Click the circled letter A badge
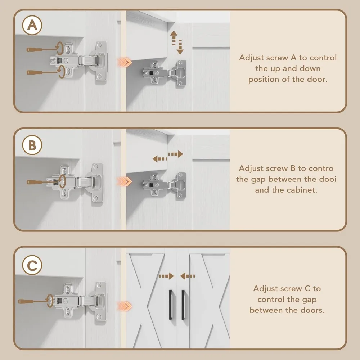[32, 25]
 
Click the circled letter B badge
[32, 145]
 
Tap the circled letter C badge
[32, 265]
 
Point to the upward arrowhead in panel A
[174, 33]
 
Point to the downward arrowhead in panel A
[180, 51]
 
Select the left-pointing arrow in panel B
[160, 159]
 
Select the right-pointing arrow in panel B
[176, 154]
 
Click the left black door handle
[171, 305]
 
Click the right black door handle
[183, 305]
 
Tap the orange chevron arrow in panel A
[125, 62]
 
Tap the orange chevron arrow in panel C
[125, 306]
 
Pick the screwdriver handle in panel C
[26, 301]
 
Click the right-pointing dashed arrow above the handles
[166, 276]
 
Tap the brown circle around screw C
[50, 301]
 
